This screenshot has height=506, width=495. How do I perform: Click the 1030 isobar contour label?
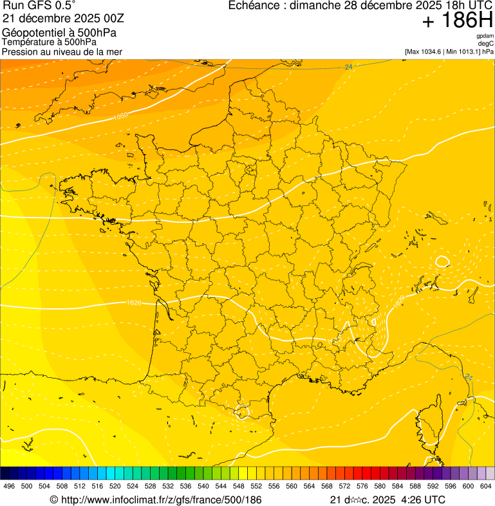click(120, 116)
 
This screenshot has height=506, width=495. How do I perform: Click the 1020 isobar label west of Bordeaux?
click(134, 302)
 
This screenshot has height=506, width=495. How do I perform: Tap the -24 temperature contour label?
click(348, 67)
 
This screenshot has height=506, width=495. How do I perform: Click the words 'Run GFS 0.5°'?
click(39, 6)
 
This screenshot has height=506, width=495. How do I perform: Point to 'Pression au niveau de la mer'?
click(62, 52)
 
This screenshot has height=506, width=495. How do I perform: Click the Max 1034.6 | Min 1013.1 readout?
click(449, 51)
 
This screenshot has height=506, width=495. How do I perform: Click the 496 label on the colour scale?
click(9, 487)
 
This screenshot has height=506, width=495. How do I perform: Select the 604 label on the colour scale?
click(485, 487)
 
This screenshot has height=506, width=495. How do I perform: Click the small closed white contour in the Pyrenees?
click(243, 411)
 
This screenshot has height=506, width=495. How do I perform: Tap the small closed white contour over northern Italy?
click(442, 261)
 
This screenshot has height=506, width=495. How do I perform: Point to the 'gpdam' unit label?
click(485, 36)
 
